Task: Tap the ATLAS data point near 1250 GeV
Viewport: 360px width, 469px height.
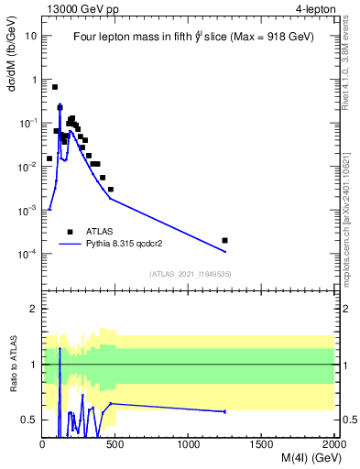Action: click(225, 240)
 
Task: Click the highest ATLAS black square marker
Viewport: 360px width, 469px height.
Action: click(55, 87)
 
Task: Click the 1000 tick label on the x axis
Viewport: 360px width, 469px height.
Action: click(189, 444)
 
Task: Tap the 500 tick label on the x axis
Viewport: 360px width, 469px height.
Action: click(116, 444)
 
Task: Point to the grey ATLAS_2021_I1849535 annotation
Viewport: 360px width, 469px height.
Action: click(189, 274)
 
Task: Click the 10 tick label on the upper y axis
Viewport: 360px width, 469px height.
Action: click(31, 36)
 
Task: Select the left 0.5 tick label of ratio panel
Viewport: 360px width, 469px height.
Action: click(31, 420)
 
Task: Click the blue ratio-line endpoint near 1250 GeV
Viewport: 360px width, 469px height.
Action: click(225, 411)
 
